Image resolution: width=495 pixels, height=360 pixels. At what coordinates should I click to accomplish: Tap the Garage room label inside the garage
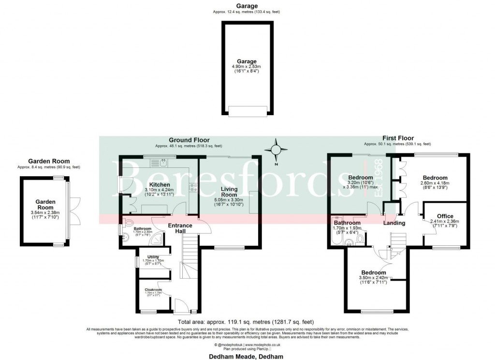[x=246, y=61]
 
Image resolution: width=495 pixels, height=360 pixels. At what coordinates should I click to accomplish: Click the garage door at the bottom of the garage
[x=248, y=111]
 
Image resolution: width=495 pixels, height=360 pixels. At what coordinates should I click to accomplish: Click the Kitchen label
[x=159, y=185]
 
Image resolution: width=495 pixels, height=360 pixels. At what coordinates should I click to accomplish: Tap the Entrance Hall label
[x=180, y=228]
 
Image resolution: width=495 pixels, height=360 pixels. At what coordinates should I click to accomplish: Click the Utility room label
[x=153, y=256]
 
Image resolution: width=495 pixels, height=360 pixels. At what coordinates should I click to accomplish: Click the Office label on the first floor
[x=445, y=216]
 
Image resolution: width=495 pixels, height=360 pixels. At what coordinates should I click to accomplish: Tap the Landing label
[x=394, y=223]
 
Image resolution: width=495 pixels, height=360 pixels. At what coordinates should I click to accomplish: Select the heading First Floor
[x=398, y=138]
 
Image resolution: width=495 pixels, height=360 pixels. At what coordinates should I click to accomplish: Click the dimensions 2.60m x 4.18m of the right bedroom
[x=435, y=183]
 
